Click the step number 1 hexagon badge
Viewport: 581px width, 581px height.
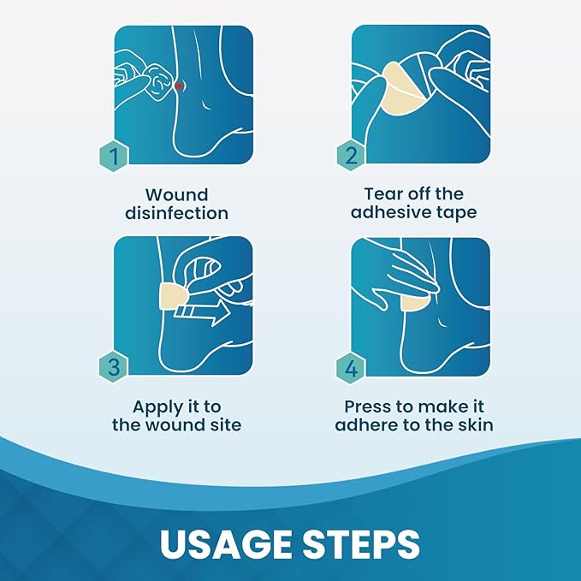click(x=114, y=157)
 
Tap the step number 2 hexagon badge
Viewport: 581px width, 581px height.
click(x=352, y=156)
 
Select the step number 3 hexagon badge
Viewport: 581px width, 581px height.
click(x=114, y=367)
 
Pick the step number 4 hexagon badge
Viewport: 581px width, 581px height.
click(x=352, y=368)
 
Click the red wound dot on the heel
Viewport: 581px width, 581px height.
click(x=179, y=86)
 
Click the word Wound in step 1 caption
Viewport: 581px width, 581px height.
click(x=177, y=195)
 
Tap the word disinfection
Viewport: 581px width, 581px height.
click(x=177, y=213)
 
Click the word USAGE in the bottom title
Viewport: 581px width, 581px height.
click(x=226, y=544)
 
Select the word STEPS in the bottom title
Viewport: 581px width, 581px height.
click(x=361, y=544)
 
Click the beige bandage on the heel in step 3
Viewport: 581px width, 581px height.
click(x=173, y=296)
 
